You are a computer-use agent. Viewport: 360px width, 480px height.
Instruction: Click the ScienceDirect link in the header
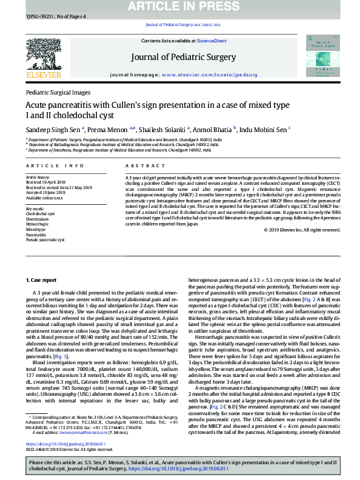tap(212, 41)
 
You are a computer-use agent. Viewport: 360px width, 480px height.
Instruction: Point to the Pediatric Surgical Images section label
tap(58, 92)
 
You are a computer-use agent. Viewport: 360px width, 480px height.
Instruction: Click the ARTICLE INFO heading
tap(50, 165)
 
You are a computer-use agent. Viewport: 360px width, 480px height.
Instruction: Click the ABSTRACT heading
tap(140, 165)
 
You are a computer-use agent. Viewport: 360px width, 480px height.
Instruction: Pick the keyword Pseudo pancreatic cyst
tap(46, 241)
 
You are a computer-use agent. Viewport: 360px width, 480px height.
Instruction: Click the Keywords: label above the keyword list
tap(35, 208)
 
